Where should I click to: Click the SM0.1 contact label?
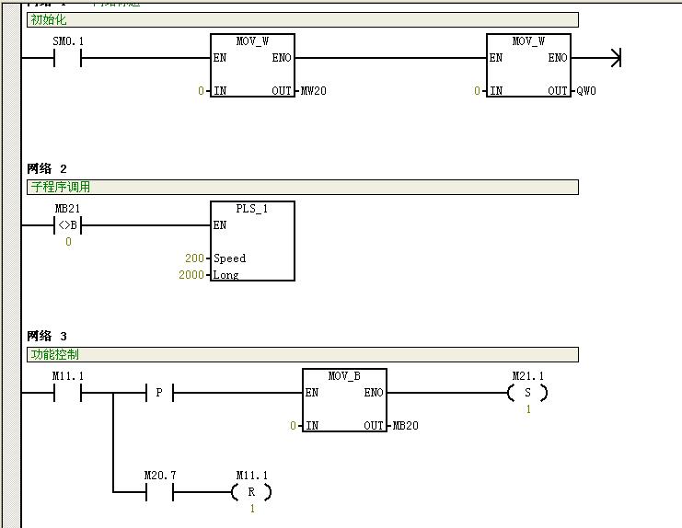tap(68, 42)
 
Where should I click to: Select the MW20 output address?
tap(313, 91)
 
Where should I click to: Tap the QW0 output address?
tap(585, 91)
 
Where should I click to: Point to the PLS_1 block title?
tap(252, 209)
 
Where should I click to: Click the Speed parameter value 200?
tap(194, 258)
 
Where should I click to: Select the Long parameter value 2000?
tap(191, 275)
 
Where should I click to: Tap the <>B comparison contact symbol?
tap(68, 225)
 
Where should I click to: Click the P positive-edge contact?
tap(159, 394)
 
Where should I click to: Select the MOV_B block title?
tap(344, 376)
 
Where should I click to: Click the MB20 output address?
tap(405, 426)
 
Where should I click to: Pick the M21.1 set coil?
tap(527, 394)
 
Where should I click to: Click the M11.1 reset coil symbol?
tap(251, 493)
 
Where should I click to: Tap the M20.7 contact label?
tap(160, 476)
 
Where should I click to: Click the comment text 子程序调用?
tap(61, 187)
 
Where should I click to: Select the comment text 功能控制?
tap(54, 354)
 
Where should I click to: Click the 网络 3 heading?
tap(47, 336)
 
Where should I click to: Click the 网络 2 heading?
tap(47, 168)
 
